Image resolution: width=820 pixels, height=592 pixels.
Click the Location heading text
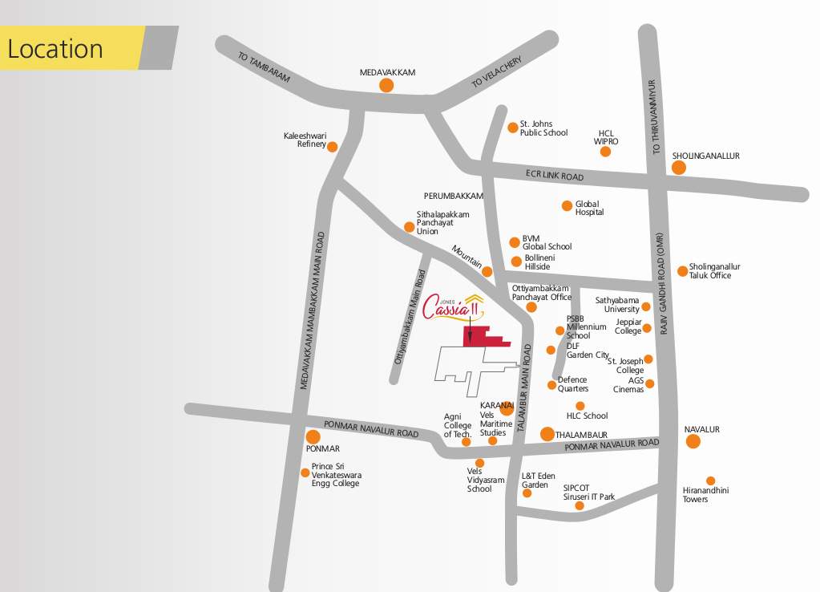click(x=55, y=50)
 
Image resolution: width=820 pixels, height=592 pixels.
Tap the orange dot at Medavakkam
click(x=386, y=85)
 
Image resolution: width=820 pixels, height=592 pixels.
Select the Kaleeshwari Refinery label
click(x=305, y=140)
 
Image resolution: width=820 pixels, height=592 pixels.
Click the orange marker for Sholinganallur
click(x=678, y=168)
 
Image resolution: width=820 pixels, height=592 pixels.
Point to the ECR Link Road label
click(x=555, y=175)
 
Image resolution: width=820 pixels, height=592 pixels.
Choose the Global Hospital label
click(x=589, y=208)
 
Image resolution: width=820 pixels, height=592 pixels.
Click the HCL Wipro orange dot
click(x=605, y=152)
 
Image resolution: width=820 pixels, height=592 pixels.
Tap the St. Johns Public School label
click(x=543, y=128)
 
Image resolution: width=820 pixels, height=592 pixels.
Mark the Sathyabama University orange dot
click(x=646, y=307)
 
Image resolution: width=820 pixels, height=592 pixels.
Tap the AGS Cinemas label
click(x=628, y=385)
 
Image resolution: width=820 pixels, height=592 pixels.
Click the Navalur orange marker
click(x=693, y=441)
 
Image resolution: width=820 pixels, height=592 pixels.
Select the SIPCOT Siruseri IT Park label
click(x=588, y=492)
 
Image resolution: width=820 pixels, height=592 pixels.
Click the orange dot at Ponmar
click(x=313, y=437)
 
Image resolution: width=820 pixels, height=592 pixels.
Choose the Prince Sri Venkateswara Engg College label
click(x=335, y=475)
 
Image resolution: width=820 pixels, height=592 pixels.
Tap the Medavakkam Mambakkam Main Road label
click(x=313, y=310)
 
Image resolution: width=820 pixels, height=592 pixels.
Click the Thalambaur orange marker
click(x=547, y=434)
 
